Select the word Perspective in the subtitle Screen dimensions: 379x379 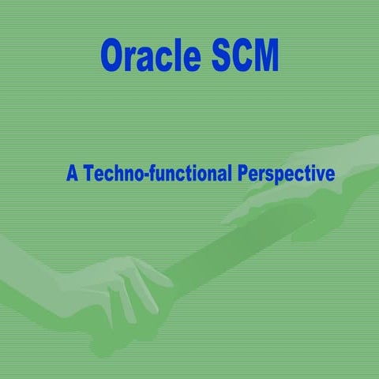coord(287,174)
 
